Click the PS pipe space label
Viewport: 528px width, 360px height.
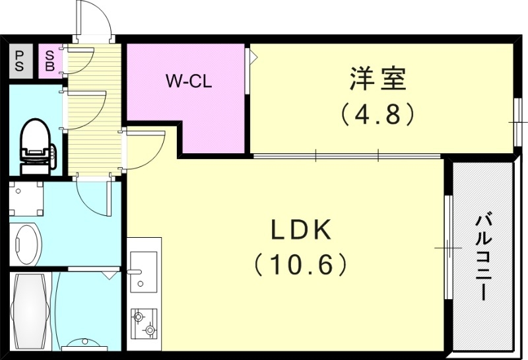pos(19,61)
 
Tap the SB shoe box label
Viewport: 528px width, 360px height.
pos(49,61)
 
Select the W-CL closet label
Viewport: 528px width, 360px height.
pos(187,81)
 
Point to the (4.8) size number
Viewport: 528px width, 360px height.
pos(378,114)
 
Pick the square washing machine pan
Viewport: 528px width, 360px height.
pos(26,199)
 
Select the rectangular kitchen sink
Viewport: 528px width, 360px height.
pos(143,271)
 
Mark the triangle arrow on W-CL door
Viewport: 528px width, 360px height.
pos(252,57)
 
